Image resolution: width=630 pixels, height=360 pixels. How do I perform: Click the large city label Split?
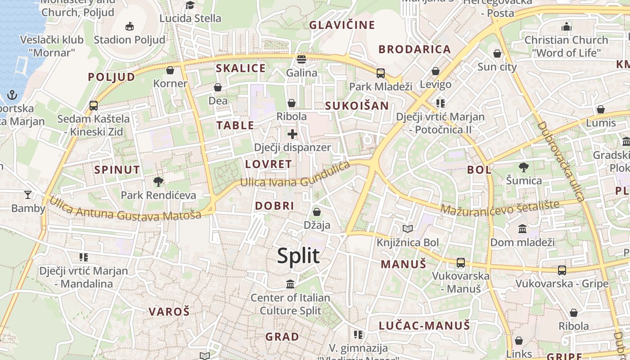click(x=298, y=256)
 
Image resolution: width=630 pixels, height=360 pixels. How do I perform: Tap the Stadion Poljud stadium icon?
click(x=130, y=26)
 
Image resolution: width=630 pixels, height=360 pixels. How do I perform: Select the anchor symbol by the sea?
click(x=12, y=95)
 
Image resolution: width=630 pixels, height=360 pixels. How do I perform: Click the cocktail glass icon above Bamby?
click(x=28, y=194)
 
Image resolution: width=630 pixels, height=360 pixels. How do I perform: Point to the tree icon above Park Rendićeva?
click(x=158, y=182)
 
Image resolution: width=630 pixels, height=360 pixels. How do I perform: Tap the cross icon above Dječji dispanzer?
click(x=292, y=134)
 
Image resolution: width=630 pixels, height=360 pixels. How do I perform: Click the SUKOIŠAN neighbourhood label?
click(x=356, y=106)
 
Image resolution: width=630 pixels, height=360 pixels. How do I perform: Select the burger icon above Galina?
click(x=301, y=59)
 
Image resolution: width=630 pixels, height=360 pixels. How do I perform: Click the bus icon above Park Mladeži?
click(x=381, y=73)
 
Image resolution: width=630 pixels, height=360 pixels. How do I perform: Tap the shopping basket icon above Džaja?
click(x=317, y=211)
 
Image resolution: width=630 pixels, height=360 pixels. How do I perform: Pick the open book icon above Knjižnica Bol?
click(x=408, y=229)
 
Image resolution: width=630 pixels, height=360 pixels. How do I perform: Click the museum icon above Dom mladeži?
click(x=522, y=229)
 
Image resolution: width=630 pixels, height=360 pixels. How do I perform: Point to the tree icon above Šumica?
click(x=524, y=167)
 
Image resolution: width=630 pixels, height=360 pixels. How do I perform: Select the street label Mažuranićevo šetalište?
click(x=499, y=207)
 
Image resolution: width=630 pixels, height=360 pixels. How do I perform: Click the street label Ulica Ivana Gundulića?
click(x=295, y=175)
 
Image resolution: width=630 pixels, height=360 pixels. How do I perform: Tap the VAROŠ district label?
click(x=169, y=311)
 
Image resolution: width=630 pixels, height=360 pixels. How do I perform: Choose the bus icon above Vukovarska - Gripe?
click(x=562, y=270)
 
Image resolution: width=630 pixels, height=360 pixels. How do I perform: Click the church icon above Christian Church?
click(x=566, y=27)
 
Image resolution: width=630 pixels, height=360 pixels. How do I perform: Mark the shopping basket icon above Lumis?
click(x=601, y=109)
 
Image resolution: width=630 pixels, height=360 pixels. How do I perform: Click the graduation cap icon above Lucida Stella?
click(x=190, y=5)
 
